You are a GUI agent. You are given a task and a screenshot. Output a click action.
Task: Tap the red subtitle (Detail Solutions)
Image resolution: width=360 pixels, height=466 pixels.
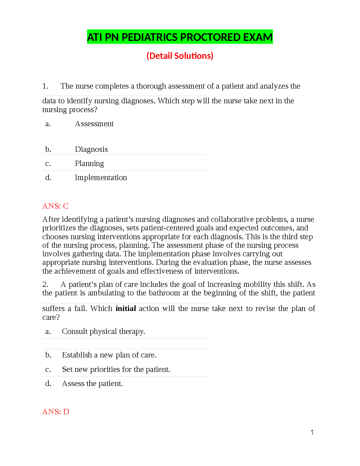[180, 56]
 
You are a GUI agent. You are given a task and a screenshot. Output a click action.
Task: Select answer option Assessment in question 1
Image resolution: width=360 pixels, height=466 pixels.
[94, 124]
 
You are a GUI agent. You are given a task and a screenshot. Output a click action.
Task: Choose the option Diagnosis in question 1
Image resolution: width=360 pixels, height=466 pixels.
[91, 149]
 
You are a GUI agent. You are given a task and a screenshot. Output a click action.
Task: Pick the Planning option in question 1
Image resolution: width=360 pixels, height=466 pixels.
[89, 164]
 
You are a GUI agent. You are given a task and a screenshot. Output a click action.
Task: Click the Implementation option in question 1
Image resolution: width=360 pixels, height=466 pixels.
[101, 178]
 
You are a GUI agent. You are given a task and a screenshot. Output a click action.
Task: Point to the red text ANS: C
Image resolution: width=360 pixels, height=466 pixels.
[55, 206]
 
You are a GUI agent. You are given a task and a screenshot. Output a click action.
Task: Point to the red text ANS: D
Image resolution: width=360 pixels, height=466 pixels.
[56, 412]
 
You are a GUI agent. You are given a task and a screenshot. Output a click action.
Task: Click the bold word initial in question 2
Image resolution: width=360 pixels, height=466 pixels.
[126, 308]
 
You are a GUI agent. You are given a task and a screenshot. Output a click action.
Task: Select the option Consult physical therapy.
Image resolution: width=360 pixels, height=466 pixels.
[103, 332]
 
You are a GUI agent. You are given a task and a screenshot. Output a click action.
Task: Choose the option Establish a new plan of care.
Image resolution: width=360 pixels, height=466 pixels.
[109, 355]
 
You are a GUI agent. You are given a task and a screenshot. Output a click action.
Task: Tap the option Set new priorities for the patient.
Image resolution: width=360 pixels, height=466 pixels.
[116, 370]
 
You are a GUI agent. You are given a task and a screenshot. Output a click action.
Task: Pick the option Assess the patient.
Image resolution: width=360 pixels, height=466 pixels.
[92, 384]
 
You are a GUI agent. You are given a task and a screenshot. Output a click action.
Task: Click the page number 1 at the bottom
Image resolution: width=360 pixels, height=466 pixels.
[312, 432]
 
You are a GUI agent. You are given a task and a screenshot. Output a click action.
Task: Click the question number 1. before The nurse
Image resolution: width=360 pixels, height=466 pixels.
[45, 86]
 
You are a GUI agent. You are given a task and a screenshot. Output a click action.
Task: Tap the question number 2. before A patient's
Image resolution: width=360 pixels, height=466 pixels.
[45, 284]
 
